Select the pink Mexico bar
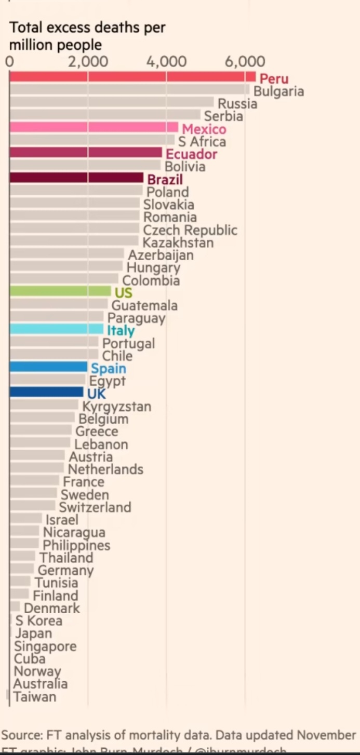[x=94, y=127]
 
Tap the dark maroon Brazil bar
[x=76, y=178]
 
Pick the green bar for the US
[x=60, y=291]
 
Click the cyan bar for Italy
[x=56, y=329]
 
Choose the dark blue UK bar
[x=46, y=392]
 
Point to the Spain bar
[x=48, y=367]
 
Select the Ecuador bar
[x=86, y=153]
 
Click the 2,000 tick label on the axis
[x=87, y=61]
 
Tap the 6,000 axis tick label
[x=245, y=61]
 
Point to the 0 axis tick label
[x=9, y=61]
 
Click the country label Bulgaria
[x=278, y=91]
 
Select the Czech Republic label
[x=190, y=230]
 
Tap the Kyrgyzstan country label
[x=117, y=406]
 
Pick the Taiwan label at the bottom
[x=35, y=697]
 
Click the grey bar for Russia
[x=112, y=102]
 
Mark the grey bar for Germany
[x=22, y=569]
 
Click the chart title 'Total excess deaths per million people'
[x=87, y=35]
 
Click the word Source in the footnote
[x=21, y=735]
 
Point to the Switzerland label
[x=95, y=507]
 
